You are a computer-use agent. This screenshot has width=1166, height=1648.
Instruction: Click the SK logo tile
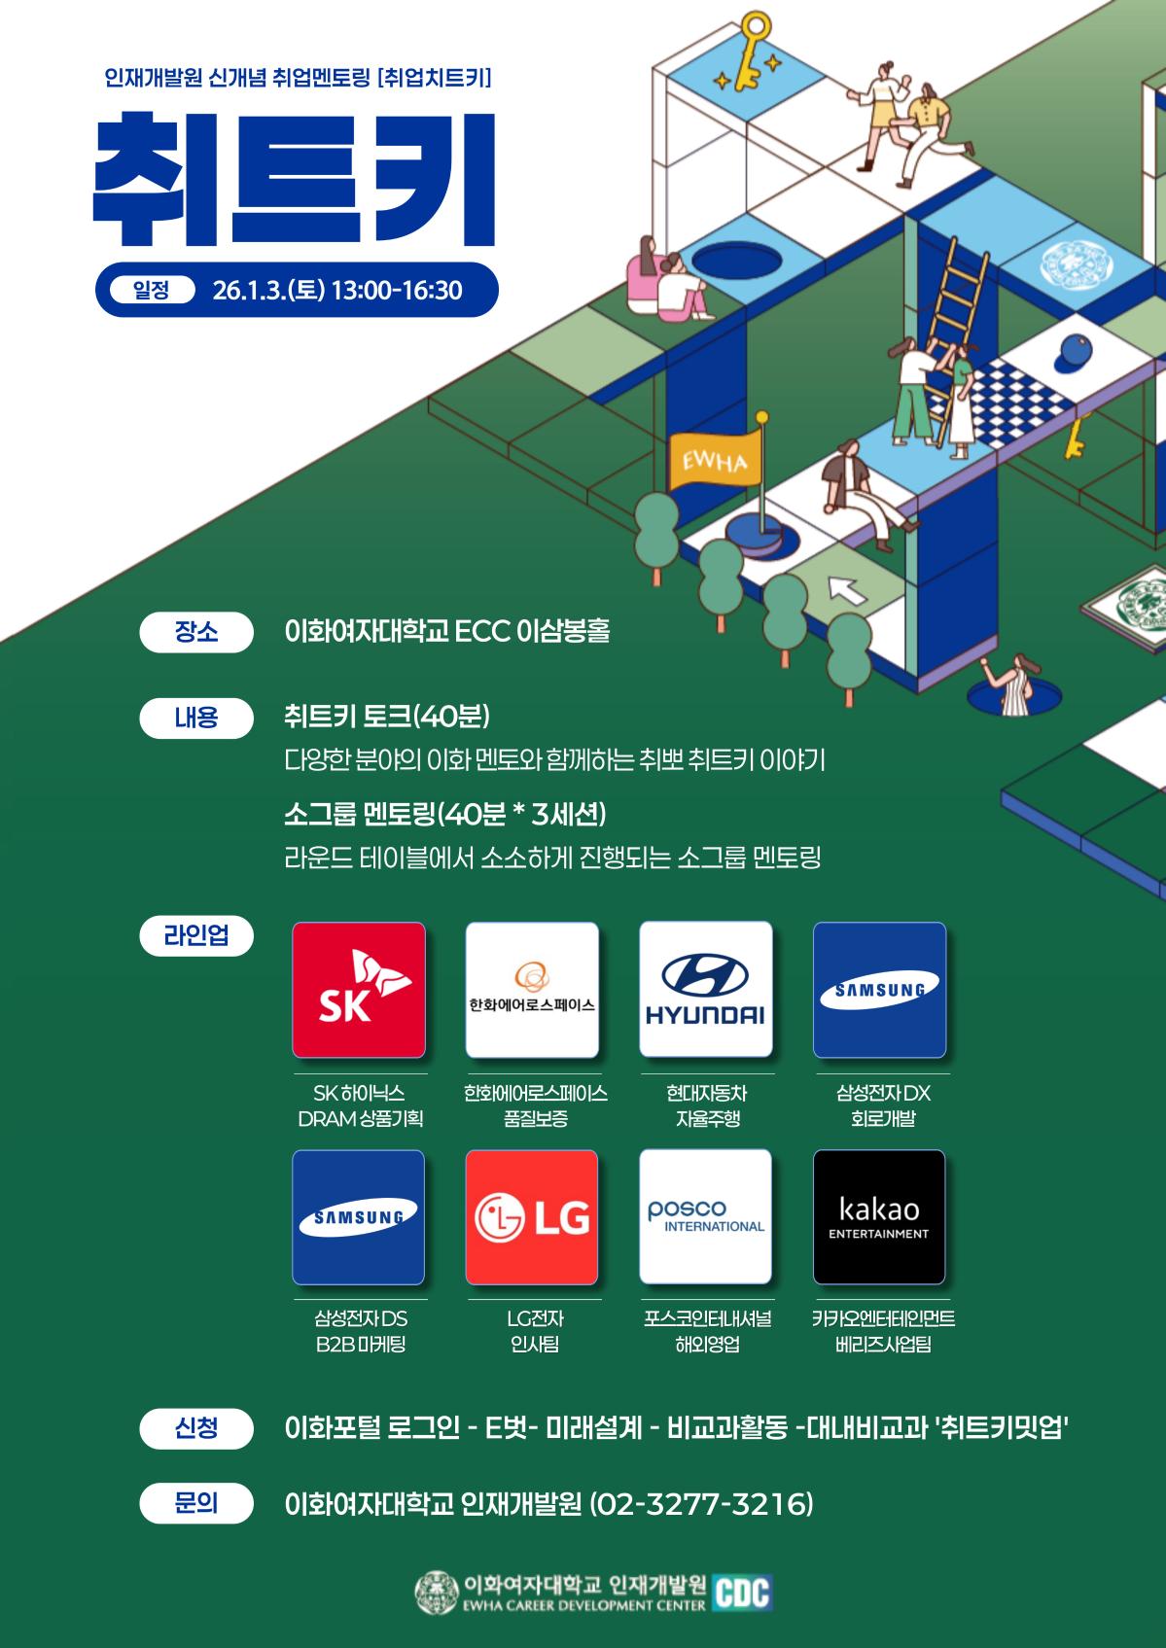tap(359, 990)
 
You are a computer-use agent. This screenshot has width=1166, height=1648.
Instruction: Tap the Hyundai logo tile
tap(706, 990)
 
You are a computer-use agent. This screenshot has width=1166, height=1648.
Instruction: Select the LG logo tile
tap(532, 1217)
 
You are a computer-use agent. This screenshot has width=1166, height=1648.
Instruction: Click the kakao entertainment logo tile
tap(879, 1217)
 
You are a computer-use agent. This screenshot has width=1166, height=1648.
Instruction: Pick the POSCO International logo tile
tap(706, 1217)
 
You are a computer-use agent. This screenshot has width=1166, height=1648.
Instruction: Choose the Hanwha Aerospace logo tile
tap(532, 990)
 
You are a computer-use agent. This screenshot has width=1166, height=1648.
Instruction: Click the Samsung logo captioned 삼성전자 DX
tap(879, 990)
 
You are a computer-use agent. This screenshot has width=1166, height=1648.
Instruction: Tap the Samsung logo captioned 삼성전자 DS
tap(359, 1217)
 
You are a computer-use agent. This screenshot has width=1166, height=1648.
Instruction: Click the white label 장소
tap(196, 632)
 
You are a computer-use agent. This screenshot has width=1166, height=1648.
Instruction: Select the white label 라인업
tap(196, 935)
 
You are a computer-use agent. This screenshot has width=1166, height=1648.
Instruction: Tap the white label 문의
tap(196, 1503)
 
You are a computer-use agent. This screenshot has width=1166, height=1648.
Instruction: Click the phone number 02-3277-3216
tap(701, 1504)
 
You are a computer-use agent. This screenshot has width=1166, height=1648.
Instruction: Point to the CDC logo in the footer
tap(742, 1593)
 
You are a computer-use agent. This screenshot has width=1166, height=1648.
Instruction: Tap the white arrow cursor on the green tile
tap(847, 589)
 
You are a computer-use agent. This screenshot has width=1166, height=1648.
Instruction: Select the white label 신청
tap(196, 1428)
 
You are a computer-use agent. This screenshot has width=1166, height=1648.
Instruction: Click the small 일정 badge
tap(151, 290)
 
